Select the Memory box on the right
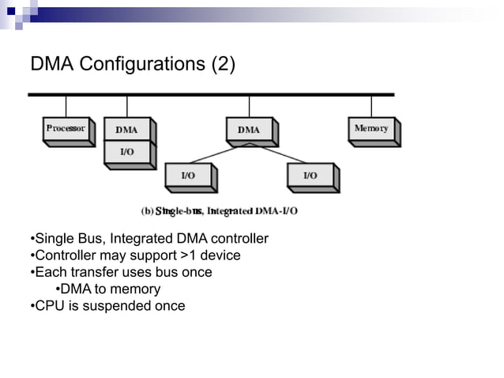pos(371,129)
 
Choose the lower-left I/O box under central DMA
pos(188,176)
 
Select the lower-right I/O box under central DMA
pos(310,176)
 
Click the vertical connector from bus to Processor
pos(66,106)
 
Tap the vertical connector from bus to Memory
pos(371,106)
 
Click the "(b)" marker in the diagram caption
pos(147,211)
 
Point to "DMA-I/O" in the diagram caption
pos(276,211)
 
